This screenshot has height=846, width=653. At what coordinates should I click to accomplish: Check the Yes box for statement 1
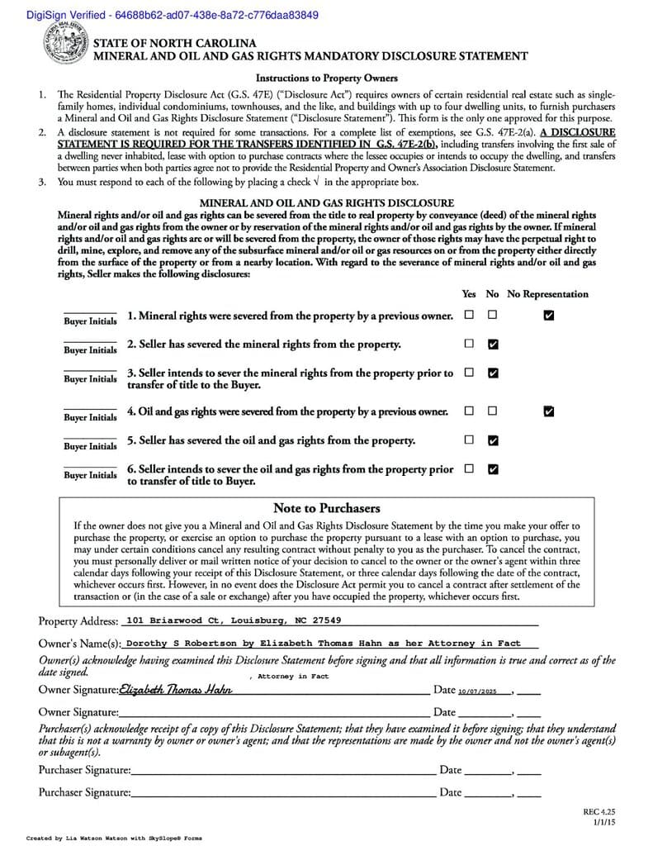[469, 315]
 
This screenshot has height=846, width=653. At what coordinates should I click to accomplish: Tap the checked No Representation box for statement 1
[549, 315]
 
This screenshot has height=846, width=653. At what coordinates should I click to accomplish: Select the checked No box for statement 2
[493, 344]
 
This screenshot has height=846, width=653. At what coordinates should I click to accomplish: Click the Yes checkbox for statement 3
[469, 373]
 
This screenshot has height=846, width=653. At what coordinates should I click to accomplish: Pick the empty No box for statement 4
[493, 411]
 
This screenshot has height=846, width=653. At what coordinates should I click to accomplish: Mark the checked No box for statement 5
[493, 440]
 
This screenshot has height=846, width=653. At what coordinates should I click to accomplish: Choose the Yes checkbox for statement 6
[469, 469]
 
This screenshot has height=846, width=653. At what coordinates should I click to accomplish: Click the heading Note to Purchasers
[326, 508]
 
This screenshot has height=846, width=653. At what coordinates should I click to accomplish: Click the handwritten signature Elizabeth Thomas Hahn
[175, 690]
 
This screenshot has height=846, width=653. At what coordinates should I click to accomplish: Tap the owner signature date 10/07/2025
[479, 691]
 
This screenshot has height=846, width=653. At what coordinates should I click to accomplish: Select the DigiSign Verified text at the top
[161, 15]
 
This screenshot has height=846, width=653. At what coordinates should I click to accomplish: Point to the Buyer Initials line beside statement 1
[90, 320]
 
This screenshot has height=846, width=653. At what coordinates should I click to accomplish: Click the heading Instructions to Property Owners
[326, 78]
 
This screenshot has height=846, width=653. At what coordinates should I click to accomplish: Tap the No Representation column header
[547, 294]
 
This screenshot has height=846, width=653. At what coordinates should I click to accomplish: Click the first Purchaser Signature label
[84, 770]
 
